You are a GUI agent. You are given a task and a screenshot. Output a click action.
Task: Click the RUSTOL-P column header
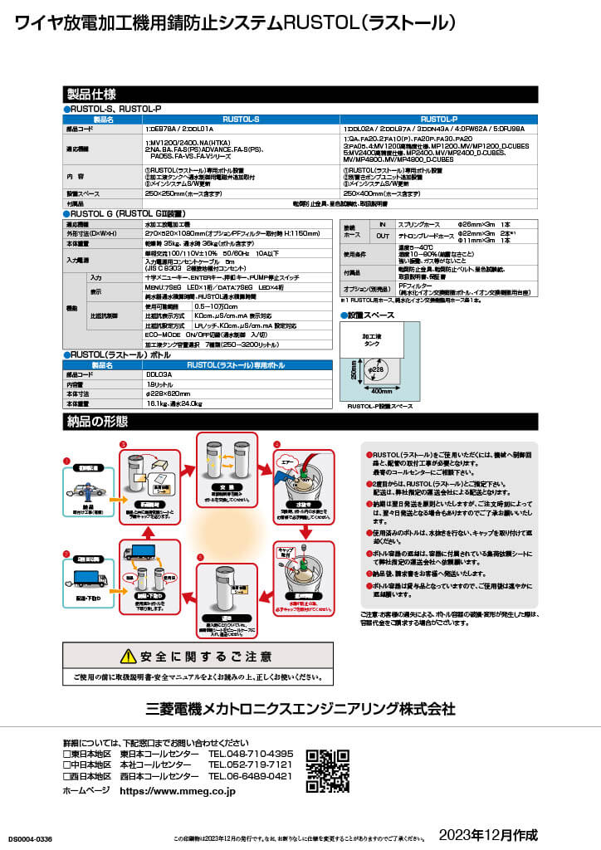click(438, 120)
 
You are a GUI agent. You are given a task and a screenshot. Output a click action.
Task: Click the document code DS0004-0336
click(29, 840)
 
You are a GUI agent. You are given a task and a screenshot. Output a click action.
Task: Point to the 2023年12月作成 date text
click(488, 833)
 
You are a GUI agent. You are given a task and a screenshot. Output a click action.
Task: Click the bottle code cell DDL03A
click(159, 374)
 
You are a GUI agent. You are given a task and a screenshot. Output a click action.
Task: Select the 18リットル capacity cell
click(159, 384)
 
